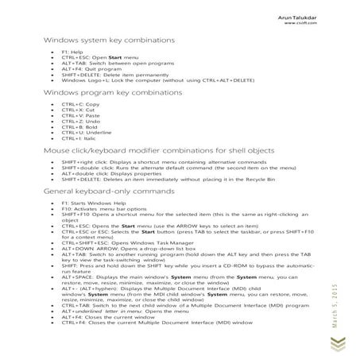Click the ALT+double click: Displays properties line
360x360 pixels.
(112, 174)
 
